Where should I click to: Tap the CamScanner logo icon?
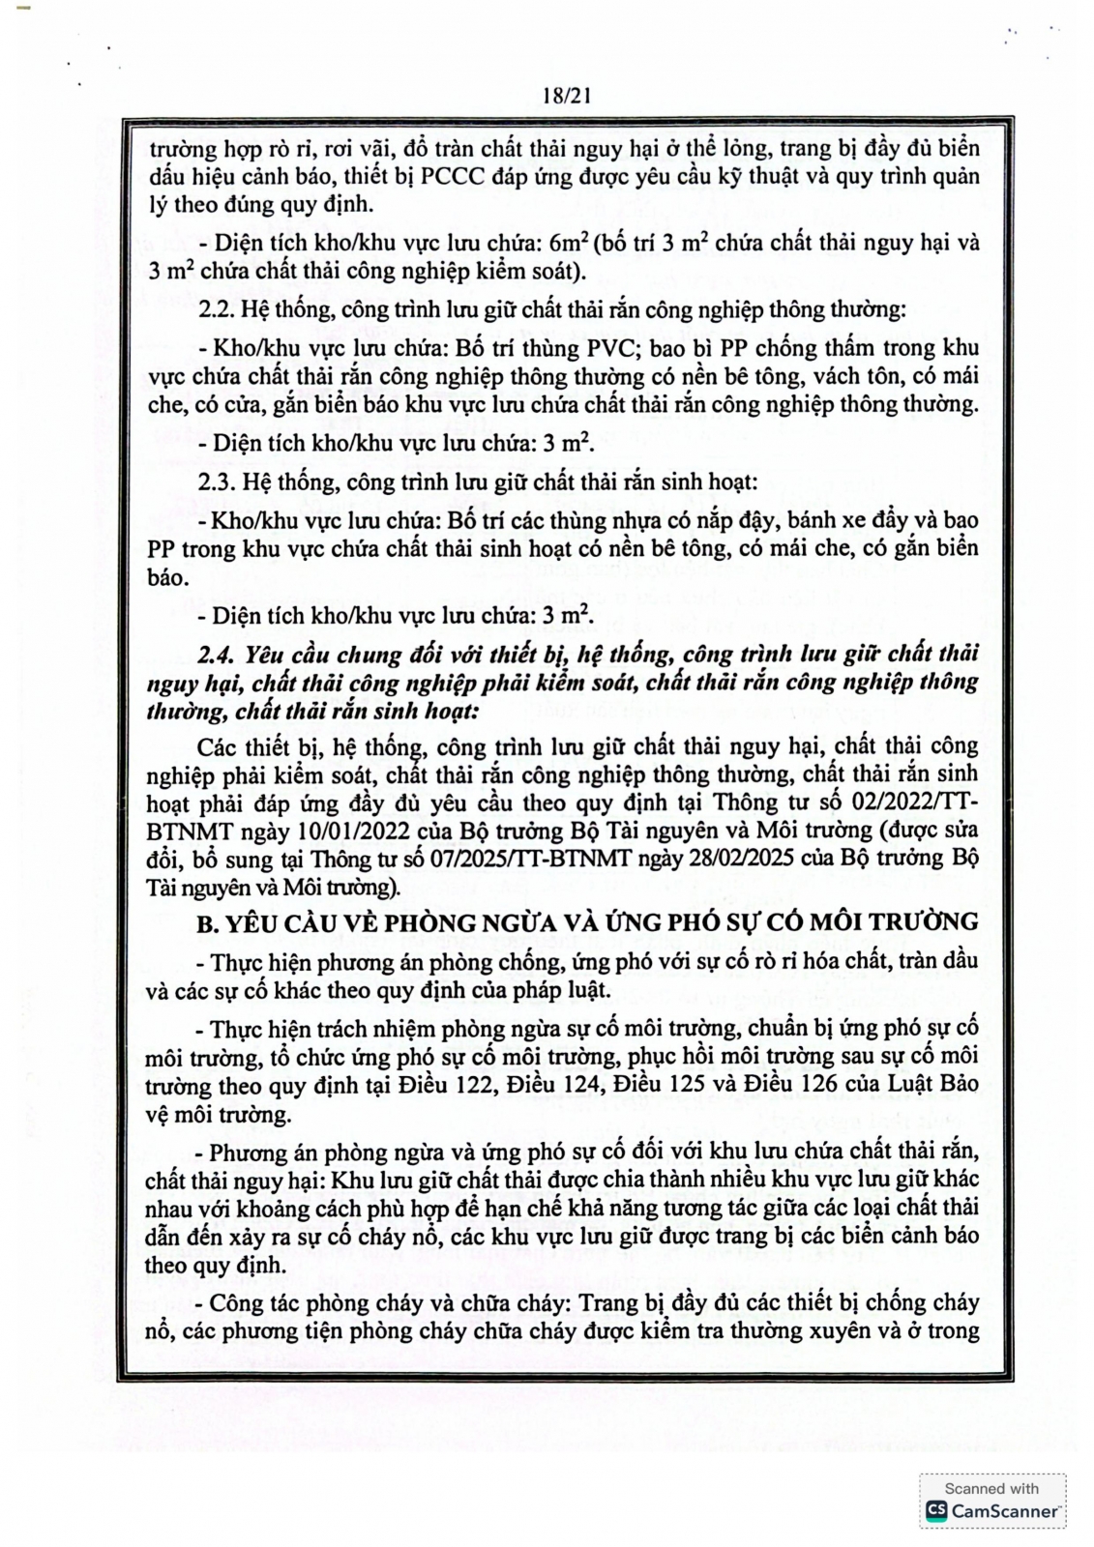[935, 1510]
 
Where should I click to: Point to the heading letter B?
[205, 922]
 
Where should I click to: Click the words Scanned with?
[991, 1488]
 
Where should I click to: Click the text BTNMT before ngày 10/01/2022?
[185, 830]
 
